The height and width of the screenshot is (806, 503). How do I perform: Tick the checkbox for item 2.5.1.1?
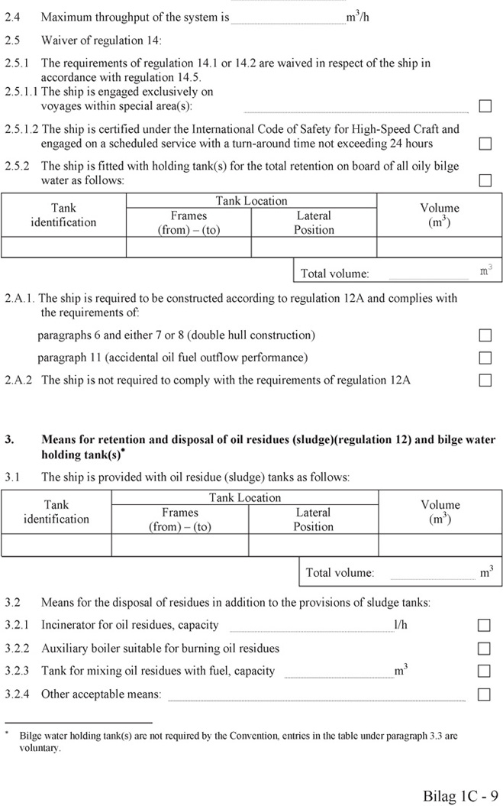(x=485, y=106)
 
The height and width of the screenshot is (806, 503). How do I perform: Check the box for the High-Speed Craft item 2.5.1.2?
(x=485, y=144)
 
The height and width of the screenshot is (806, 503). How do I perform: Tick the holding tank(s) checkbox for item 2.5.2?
(x=485, y=180)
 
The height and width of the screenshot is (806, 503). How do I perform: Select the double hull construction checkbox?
(x=485, y=335)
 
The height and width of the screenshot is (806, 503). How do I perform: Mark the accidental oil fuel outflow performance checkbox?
(x=485, y=358)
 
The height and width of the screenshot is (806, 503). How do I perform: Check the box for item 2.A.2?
(x=485, y=380)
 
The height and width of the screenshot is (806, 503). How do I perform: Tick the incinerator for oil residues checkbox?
(x=484, y=625)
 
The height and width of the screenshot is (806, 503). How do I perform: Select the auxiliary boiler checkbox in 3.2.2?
(x=484, y=649)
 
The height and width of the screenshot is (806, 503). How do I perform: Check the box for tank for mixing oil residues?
(x=484, y=672)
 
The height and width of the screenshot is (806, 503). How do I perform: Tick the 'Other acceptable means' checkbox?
(x=484, y=694)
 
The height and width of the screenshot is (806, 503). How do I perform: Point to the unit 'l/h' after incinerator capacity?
(x=401, y=625)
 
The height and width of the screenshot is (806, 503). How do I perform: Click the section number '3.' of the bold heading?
(x=10, y=440)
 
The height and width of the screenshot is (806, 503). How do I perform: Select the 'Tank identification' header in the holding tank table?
(x=63, y=215)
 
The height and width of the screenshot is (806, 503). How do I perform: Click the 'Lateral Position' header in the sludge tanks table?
(x=313, y=520)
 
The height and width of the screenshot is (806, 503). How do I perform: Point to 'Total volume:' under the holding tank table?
(x=334, y=274)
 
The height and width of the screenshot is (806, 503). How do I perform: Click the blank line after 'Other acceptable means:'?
(x=316, y=697)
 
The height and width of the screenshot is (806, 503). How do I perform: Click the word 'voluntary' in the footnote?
(x=40, y=748)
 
